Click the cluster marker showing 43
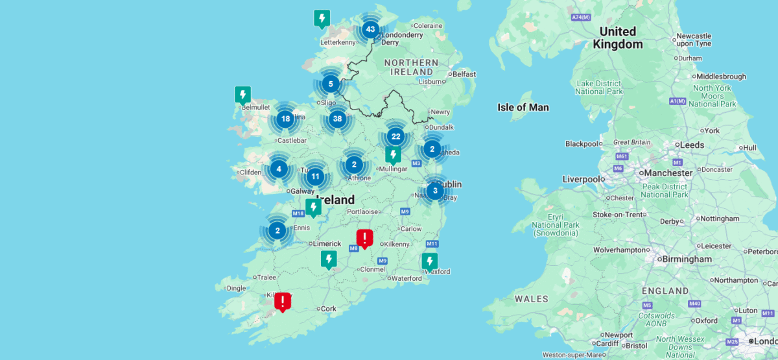coord(370,29)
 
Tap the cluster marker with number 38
coord(336,118)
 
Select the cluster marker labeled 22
coord(395,136)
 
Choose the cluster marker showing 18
coord(285,118)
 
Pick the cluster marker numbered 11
coord(315,176)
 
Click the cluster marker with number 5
coord(331,84)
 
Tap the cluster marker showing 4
coord(279,169)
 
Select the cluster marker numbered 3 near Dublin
coord(435,191)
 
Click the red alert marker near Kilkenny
coord(365,237)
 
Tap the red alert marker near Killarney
coord(283,301)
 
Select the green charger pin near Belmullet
coord(242,95)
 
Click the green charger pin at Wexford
coord(429,261)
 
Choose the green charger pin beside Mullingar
coord(393,154)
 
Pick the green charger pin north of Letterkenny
coord(322,18)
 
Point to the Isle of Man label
coord(523,107)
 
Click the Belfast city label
coord(464,75)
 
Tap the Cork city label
coord(329,309)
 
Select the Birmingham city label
coord(686,259)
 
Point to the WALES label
coord(532,299)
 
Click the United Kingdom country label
coord(617,38)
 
